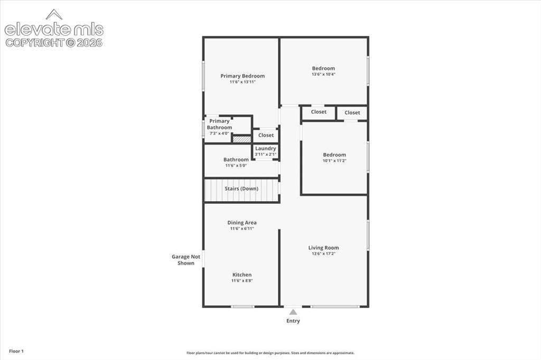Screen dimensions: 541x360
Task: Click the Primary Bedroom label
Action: (x=242, y=76)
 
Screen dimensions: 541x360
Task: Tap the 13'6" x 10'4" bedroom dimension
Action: (x=324, y=74)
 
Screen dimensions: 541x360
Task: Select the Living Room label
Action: (x=324, y=248)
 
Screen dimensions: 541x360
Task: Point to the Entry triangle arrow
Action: (x=293, y=312)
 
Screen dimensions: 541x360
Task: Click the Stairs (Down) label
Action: (x=241, y=188)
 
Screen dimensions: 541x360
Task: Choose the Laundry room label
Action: (x=266, y=148)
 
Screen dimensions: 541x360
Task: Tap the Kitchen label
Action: (x=242, y=275)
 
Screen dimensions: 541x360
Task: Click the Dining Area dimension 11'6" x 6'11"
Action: (x=242, y=229)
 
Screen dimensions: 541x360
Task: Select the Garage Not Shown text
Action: (x=186, y=260)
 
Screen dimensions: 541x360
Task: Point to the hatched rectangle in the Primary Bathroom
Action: (x=241, y=139)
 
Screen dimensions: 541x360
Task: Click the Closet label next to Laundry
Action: (x=266, y=135)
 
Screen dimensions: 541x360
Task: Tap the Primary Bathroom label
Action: (x=219, y=124)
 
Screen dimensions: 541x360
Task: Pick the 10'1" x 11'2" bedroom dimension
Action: (x=334, y=160)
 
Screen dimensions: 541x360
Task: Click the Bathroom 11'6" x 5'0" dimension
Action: (x=236, y=166)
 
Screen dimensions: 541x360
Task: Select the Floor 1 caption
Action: (x=16, y=352)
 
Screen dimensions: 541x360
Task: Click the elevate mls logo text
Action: (x=54, y=30)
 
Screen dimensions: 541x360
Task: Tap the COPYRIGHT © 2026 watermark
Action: (x=54, y=43)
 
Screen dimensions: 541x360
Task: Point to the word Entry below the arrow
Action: (x=293, y=321)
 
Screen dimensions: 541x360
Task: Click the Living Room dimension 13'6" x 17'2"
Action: (x=324, y=254)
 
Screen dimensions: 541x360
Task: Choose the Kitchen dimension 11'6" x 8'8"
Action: (x=242, y=281)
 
